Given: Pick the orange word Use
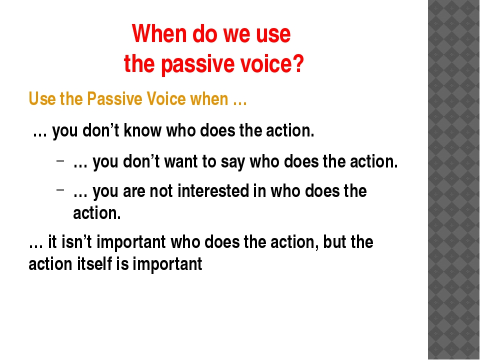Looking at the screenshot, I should pos(41,99).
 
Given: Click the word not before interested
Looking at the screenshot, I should pos(153,191).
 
